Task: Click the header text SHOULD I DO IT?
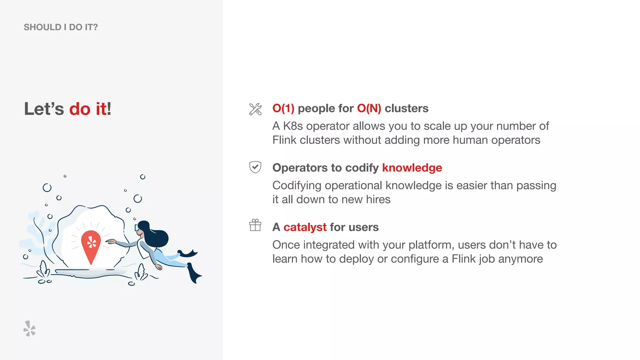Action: [61, 27]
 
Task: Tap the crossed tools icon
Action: [255, 109]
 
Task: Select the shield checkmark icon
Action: [255, 167]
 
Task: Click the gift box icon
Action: [255, 225]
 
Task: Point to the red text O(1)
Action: [283, 108]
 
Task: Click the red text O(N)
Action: [369, 108]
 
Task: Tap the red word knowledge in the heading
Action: [412, 168]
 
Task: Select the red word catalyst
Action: [305, 227]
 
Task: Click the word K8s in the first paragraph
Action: [293, 126]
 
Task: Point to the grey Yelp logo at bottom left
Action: [29, 328]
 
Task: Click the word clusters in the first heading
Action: [406, 108]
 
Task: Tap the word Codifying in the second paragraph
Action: [297, 185]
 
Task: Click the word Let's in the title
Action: [44, 109]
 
